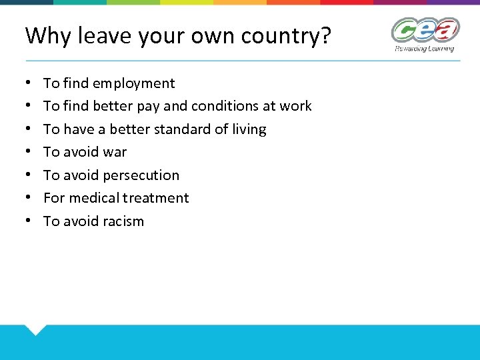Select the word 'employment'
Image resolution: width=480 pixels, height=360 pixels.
click(x=134, y=83)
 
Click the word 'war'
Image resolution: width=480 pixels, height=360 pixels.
click(x=115, y=152)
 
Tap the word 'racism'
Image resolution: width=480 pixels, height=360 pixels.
click(x=123, y=221)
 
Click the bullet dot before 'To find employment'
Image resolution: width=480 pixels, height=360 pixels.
click(x=28, y=83)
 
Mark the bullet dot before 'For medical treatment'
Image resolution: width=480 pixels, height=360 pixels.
click(x=28, y=198)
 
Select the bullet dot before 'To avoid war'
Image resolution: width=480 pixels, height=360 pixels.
click(x=28, y=152)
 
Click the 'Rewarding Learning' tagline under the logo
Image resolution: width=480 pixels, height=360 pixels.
click(x=424, y=48)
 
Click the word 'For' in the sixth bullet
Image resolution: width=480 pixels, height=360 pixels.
click(x=54, y=198)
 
